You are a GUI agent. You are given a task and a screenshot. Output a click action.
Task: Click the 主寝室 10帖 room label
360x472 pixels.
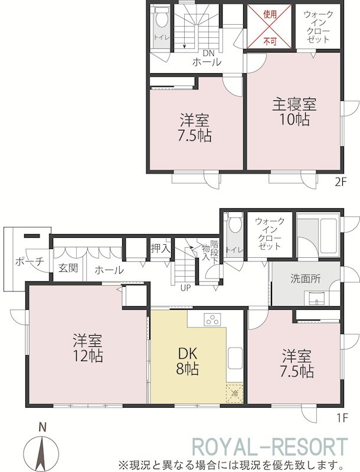pyautogui.click(x=294, y=112)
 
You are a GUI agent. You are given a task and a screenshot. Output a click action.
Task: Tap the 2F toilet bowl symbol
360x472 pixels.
pyautogui.click(x=161, y=18)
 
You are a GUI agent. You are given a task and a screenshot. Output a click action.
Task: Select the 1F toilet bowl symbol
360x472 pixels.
pyautogui.click(x=235, y=224)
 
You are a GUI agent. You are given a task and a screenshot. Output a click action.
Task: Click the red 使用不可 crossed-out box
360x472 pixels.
pyautogui.click(x=269, y=27)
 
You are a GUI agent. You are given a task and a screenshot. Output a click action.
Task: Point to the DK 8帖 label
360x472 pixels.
pyautogui.click(x=187, y=361)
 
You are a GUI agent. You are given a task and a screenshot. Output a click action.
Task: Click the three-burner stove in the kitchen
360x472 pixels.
pyautogui.click(x=212, y=319)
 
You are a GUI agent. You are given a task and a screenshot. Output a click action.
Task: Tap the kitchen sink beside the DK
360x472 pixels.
pyautogui.click(x=235, y=358)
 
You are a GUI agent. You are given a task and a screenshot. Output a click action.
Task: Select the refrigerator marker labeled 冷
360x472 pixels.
pyautogui.click(x=234, y=392)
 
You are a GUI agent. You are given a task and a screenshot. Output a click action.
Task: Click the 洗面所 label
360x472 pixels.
pyautogui.click(x=305, y=279)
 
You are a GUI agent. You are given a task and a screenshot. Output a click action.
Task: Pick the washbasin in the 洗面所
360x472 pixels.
pyautogui.click(x=316, y=299)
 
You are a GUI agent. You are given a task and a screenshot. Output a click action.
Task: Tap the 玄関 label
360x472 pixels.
pyautogui.click(x=68, y=268)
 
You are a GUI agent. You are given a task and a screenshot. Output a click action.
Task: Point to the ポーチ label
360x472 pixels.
pyautogui.click(x=30, y=261)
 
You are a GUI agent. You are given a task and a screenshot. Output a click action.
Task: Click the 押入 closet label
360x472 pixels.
pyautogui.click(x=161, y=249)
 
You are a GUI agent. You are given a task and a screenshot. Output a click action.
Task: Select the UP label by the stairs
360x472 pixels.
pyautogui.click(x=185, y=288)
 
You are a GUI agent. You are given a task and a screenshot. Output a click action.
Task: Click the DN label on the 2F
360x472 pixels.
pyautogui.click(x=208, y=53)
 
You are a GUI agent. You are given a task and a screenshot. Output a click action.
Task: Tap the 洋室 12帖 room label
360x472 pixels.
pyautogui.click(x=87, y=348)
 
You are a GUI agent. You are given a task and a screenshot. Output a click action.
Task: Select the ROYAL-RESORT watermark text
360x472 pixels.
pyautogui.click(x=270, y=448)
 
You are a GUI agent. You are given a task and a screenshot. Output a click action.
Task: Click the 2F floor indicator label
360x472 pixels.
pyautogui.click(x=341, y=182)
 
